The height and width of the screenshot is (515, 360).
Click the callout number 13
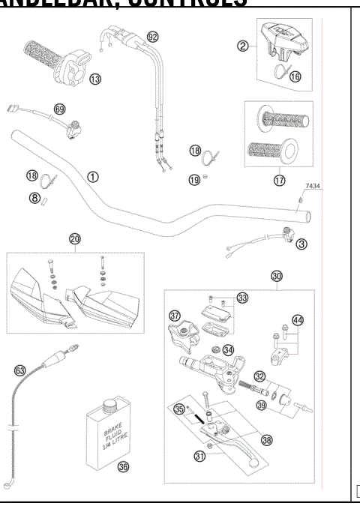pos(94,79)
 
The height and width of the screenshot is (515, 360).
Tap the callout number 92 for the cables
pos(153,37)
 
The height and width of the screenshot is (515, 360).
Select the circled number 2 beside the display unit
pos(242,46)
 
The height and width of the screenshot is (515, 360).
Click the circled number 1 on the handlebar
pos(93,177)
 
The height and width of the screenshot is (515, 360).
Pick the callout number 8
pos(34,199)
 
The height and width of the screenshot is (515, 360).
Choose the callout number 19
pos(194,180)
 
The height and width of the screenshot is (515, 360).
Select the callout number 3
pos(300,244)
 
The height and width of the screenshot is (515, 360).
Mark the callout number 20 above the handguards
pos(75,239)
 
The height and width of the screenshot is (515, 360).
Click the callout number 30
pos(277,276)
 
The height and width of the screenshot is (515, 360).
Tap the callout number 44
pos(298,321)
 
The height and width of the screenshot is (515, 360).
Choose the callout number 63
pos(20,370)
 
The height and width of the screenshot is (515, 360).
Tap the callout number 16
pos(295,76)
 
